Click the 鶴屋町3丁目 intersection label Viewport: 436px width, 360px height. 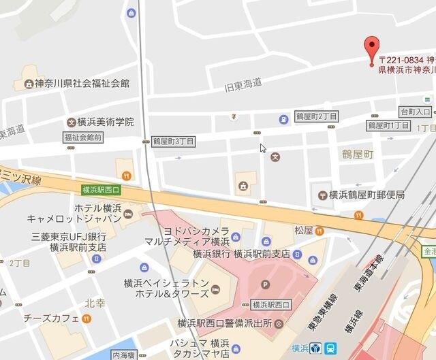(x=173, y=141)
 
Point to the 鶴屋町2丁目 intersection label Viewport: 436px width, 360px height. (x=315, y=117)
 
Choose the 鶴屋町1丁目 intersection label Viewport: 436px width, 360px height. (x=388, y=126)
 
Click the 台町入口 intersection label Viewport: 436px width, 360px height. (x=416, y=111)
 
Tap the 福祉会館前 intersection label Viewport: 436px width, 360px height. (x=82, y=137)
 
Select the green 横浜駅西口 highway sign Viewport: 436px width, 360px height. (x=100, y=190)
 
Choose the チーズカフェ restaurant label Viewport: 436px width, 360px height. (x=51, y=318)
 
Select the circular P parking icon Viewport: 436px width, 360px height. (x=265, y=285)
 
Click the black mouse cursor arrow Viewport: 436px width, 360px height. (x=263, y=148)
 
